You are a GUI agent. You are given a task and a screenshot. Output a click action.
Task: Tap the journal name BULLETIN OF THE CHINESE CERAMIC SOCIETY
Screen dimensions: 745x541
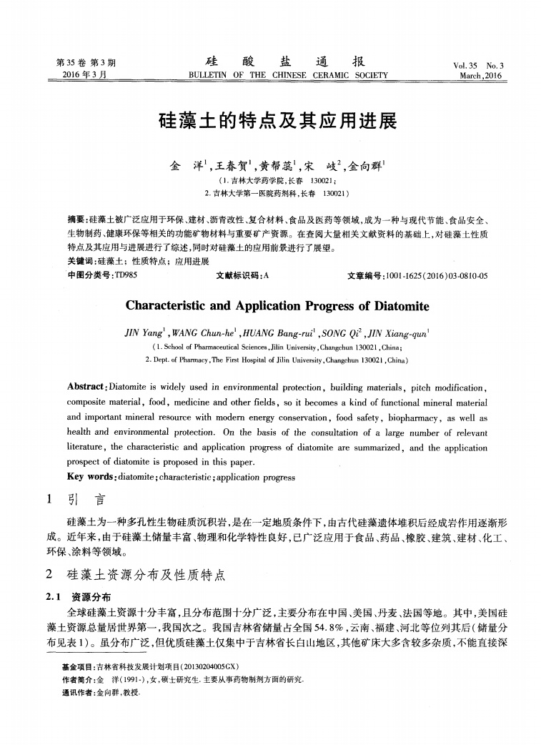pyautogui.click(x=287, y=74)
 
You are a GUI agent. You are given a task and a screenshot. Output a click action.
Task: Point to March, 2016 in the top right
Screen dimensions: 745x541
pyautogui.click(x=481, y=75)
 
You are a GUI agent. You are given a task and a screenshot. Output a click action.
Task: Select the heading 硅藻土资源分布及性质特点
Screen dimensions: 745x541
pyautogui.click(x=146, y=575)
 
